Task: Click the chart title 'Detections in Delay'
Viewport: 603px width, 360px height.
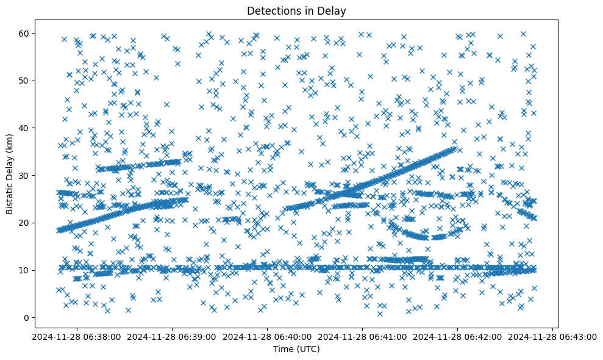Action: coord(296,10)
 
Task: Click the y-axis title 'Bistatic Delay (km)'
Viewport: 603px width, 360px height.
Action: coord(10,174)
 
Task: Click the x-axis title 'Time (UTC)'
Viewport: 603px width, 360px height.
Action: coord(296,349)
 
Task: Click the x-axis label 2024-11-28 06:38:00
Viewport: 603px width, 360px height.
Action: coord(77,336)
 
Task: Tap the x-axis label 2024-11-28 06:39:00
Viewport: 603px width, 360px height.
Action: coord(173,336)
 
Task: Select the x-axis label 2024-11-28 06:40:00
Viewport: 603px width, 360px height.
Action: coord(268,336)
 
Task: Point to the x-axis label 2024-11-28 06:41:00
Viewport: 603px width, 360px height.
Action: coord(363,336)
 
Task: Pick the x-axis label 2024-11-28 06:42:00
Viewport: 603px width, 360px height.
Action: coord(458,336)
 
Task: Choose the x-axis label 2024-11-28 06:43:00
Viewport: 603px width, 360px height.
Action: coord(553,336)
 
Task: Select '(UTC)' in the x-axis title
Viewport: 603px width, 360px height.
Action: coord(307,349)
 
